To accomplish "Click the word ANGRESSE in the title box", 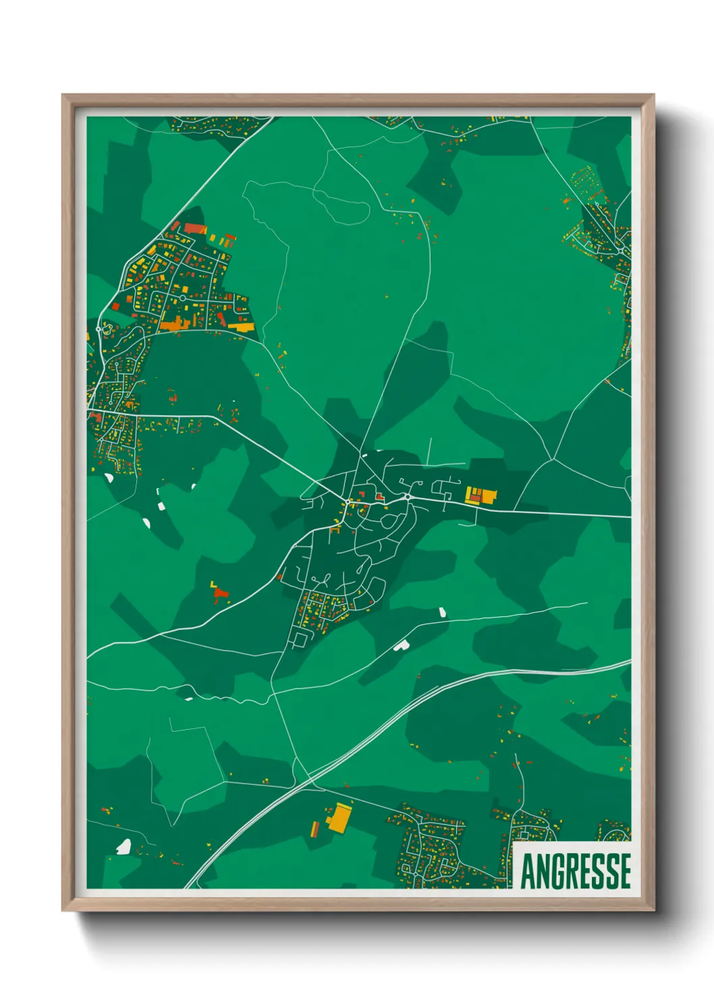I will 576,871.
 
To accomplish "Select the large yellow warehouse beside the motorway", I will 339,818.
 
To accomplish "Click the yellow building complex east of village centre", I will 480,495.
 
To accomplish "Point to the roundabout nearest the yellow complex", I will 408,497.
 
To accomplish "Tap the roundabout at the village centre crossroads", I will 347,502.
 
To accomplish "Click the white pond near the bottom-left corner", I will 123,846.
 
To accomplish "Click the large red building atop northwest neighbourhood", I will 194,229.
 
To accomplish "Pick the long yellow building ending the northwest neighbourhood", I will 241,327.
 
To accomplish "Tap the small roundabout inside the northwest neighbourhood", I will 182,298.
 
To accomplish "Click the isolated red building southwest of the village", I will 221,595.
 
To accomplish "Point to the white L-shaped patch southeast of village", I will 401,645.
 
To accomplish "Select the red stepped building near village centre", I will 380,497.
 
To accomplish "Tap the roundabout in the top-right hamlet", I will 620,252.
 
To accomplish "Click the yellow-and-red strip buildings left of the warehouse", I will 314,828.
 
